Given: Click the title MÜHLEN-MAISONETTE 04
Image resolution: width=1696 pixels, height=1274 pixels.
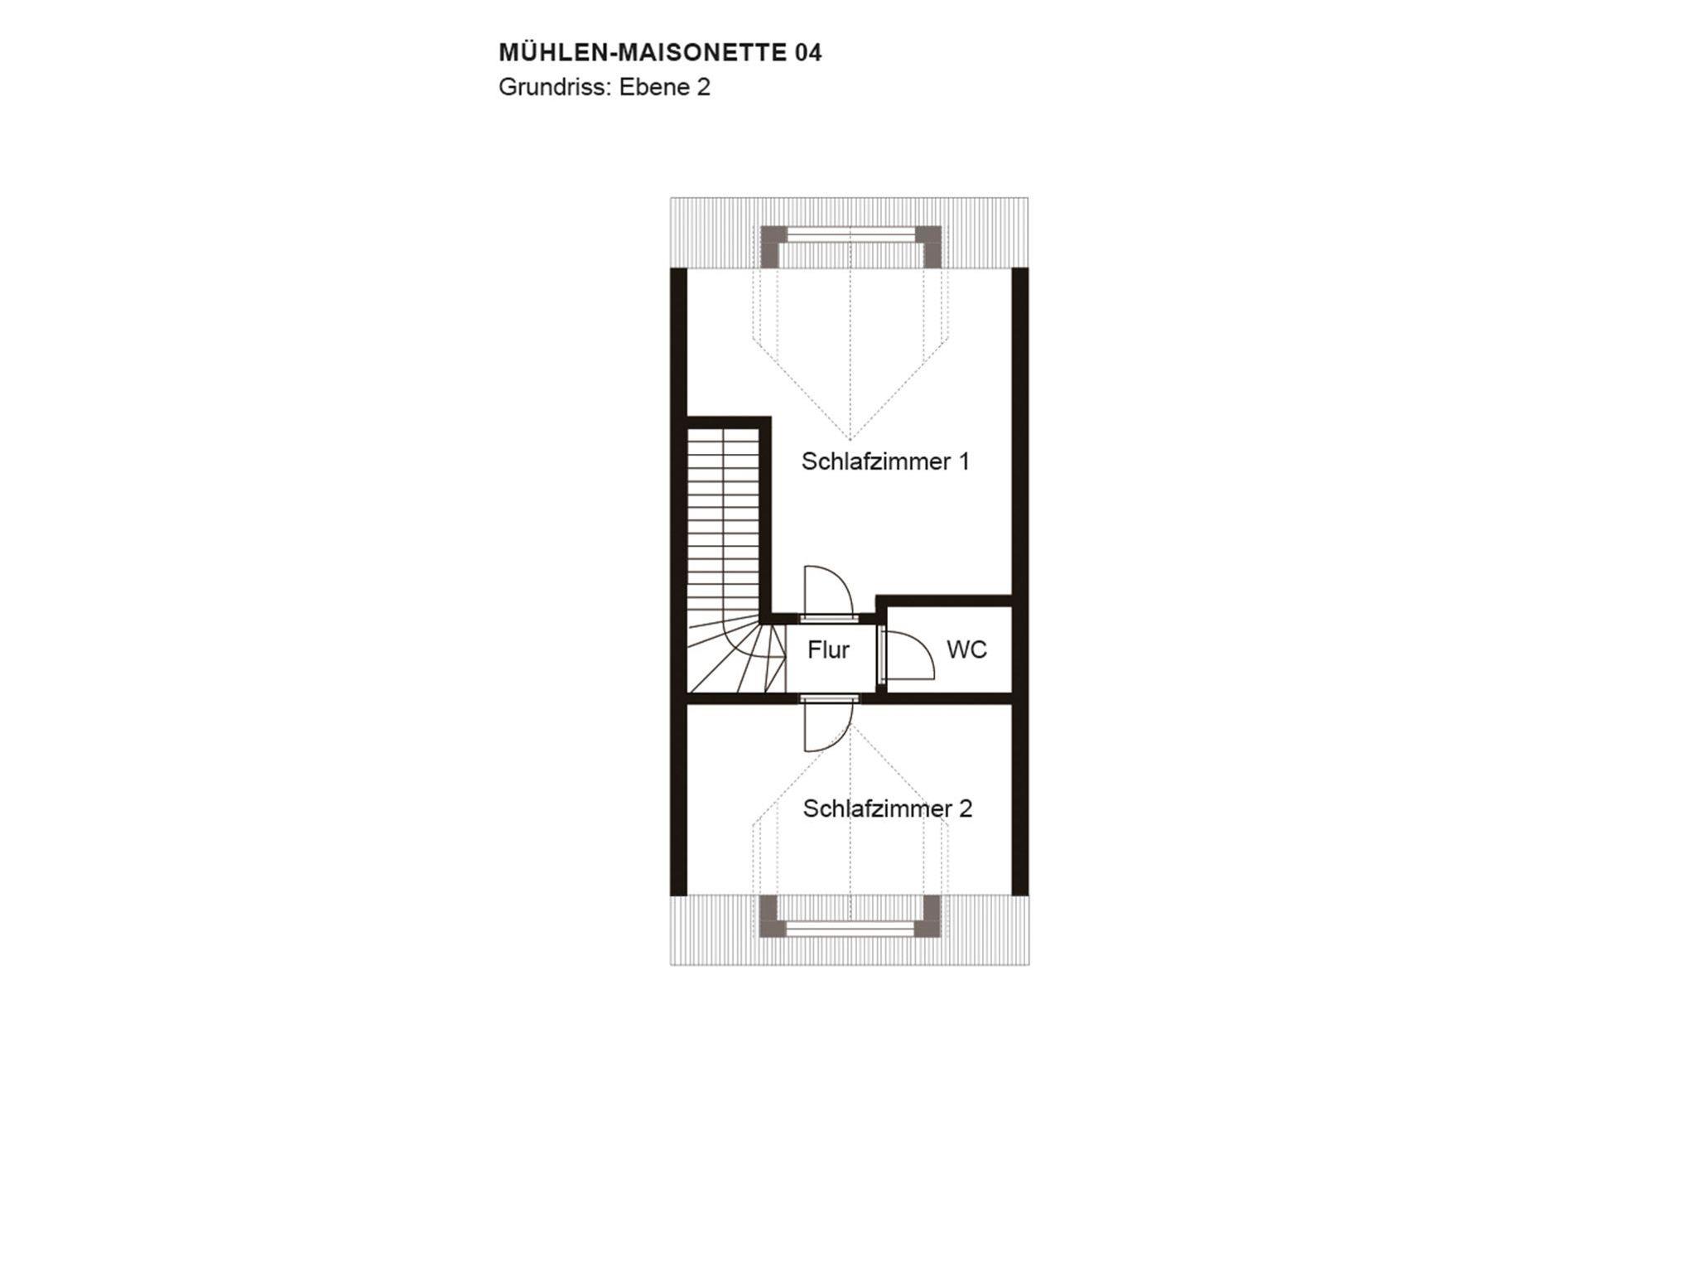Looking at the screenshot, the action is pos(660,52).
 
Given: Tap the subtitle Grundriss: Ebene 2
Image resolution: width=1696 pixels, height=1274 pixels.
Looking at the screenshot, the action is pos(605,88).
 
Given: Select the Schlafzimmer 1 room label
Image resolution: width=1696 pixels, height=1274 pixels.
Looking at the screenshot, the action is pos(885,461).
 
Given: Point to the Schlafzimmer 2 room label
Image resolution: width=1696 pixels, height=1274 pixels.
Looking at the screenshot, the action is pos(888,808).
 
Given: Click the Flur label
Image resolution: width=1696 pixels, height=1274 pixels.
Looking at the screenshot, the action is pos(828,650).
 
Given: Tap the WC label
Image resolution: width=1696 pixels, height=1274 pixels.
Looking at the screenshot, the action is pos(967,649).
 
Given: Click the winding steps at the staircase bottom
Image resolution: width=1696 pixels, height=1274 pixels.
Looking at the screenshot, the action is pos(736,659).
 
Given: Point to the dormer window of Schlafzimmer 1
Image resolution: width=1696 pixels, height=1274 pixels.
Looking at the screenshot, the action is pos(851,236).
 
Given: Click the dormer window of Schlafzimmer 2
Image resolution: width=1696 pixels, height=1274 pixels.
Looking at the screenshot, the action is pos(851,929).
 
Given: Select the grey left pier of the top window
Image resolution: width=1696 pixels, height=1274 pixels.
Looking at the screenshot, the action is pos(773,246).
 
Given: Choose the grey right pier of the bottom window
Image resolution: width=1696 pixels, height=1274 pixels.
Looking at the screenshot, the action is pos(929,916).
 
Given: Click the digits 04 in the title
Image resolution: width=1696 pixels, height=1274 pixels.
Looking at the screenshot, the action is pos(808,53).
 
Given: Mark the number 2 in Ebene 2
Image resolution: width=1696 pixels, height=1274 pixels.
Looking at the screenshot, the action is pos(703,88).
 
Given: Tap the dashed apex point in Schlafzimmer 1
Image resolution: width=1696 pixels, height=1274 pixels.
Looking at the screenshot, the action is pos(850,440).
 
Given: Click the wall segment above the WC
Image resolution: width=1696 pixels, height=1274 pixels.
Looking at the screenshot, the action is pos(945,601).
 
